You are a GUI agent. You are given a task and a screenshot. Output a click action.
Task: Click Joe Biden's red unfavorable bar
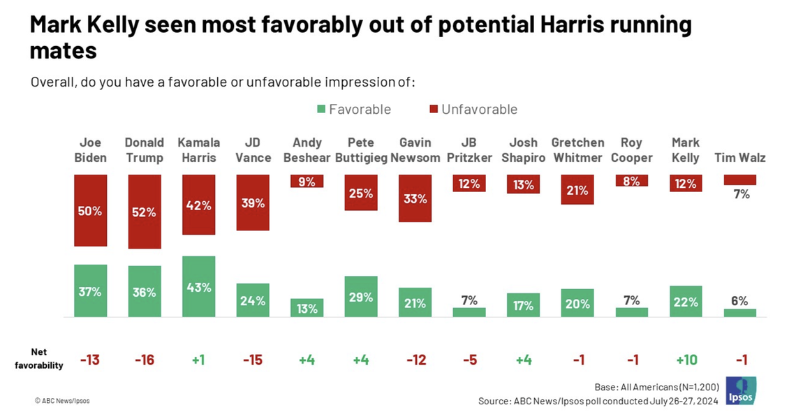tap(90, 210)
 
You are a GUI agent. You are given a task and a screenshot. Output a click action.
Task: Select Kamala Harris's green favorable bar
tap(198, 286)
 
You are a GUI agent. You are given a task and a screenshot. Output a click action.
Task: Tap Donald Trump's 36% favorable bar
tap(144, 291)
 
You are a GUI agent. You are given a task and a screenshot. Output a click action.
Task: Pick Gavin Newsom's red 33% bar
tap(415, 198)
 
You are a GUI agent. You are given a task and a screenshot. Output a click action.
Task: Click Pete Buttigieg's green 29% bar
tap(361, 296)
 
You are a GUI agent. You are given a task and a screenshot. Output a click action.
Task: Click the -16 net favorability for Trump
tap(144, 360)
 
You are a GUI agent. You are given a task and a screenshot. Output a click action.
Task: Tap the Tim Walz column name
tap(739, 157)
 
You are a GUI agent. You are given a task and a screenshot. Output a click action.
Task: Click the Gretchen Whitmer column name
tap(577, 149)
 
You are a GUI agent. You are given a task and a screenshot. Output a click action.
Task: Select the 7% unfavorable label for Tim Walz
tap(740, 194)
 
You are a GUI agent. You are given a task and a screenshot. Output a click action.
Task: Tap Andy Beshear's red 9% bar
tap(307, 181)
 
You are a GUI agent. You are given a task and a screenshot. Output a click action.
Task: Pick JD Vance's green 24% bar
tap(253, 300)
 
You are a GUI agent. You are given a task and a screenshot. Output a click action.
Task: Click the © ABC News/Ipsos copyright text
tap(62, 401)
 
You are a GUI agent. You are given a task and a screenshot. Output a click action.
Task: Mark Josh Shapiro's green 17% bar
tap(523, 305)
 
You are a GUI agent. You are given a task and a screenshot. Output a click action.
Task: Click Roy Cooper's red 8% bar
tap(631, 180)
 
